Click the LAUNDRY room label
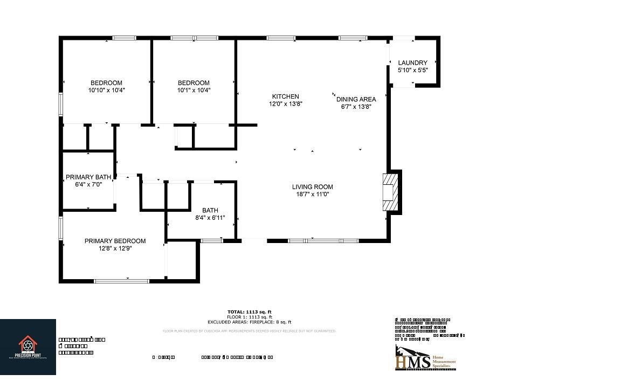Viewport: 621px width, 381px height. [412, 63]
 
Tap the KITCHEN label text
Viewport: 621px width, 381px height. [285, 96]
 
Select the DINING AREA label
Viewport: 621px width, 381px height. [356, 99]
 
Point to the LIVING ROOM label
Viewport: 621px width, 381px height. [313, 187]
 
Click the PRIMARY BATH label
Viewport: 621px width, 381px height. [88, 177]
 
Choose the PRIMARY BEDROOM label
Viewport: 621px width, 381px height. [115, 241]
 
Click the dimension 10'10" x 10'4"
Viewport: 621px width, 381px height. [106, 90]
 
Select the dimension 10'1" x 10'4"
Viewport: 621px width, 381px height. [194, 90]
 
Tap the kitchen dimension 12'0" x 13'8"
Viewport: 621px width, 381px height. [286, 103]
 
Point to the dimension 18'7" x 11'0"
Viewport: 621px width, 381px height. [313, 194]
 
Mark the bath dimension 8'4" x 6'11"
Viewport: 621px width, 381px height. [210, 218]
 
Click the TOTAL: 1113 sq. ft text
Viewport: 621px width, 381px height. [249, 311]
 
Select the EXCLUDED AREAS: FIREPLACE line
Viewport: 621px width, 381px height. [249, 322]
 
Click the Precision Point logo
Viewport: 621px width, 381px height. [28, 347]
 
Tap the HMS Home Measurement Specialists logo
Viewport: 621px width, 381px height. [426, 358]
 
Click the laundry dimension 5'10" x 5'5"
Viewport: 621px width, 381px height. [412, 70]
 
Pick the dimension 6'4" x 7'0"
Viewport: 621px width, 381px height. [88, 184]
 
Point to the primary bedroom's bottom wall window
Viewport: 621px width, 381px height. [121, 281]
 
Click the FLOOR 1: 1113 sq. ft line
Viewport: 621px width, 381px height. [249, 317]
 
